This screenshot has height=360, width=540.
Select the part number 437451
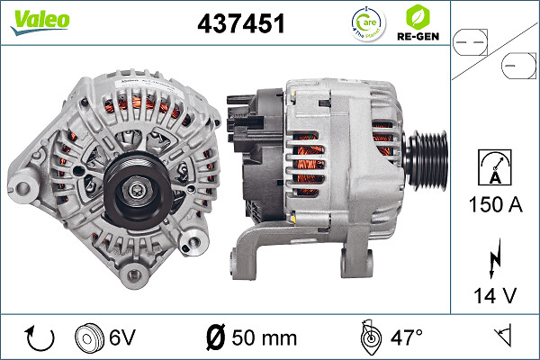coord(241,24)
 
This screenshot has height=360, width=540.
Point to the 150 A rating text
coord(495,205)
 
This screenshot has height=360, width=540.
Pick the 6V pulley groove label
coord(122,338)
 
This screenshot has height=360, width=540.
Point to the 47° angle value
coord(407,338)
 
